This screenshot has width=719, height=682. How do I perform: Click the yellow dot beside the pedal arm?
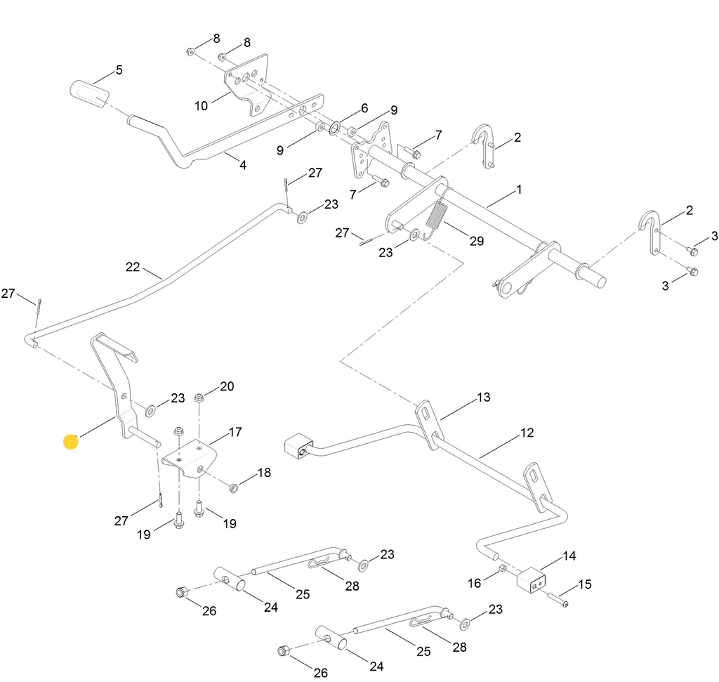[71, 442]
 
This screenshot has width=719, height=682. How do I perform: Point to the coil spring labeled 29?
[435, 216]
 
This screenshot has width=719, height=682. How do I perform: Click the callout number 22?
[133, 267]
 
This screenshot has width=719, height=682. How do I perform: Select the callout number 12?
[527, 433]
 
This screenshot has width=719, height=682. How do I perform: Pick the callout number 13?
[483, 398]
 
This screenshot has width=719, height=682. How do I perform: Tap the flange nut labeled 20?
[199, 399]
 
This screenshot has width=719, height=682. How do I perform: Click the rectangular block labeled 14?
[535, 580]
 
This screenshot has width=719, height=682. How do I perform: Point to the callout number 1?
[519, 190]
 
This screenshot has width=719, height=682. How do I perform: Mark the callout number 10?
[201, 106]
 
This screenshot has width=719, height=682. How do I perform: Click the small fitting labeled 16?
[503, 568]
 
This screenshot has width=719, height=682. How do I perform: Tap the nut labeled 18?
[235, 487]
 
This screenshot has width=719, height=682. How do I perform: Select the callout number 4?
[243, 166]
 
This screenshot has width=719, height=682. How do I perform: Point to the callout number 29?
[477, 241]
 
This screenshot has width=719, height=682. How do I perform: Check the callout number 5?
[119, 70]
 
